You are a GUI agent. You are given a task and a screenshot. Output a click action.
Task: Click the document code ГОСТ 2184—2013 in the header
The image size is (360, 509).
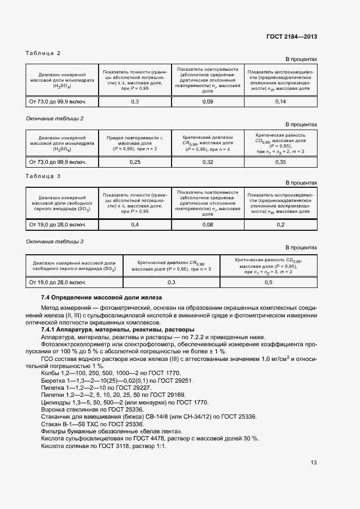coord(291,36)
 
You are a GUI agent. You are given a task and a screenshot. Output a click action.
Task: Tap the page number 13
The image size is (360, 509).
coord(313,463)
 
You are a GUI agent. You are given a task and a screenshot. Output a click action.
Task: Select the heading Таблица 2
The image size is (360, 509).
coord(43,53)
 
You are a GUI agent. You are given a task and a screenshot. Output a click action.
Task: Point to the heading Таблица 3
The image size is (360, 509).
coord(43,176)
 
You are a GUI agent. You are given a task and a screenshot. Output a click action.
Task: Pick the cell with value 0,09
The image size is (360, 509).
coord(208,102)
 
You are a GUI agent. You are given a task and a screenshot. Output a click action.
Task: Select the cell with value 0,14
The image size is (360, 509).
coord(280,102)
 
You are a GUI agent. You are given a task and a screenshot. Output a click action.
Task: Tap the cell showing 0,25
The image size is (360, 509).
coord(135,162)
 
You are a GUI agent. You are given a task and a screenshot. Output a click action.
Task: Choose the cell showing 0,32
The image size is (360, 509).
coord(208,162)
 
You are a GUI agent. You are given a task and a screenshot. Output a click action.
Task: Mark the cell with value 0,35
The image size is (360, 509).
coord(280,162)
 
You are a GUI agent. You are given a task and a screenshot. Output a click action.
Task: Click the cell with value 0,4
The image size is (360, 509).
coord(135,224)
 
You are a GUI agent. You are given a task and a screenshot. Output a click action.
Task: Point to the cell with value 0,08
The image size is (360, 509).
coord(208,224)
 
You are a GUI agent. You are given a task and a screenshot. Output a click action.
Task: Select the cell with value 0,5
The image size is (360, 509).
coord(269,283)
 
